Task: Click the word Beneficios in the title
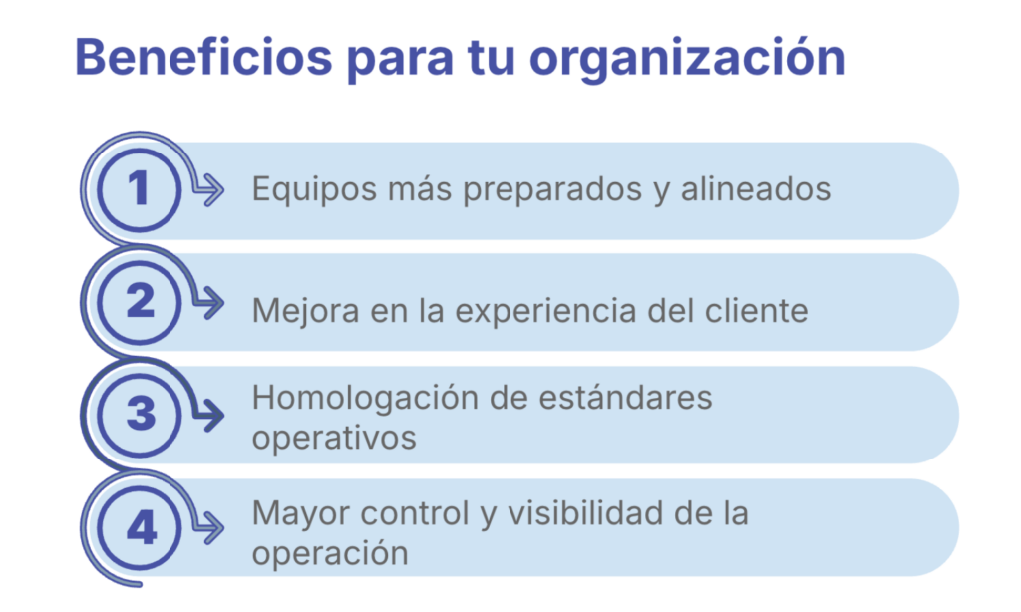tap(203, 57)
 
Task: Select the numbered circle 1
tap(139, 189)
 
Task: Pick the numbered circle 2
tap(139, 302)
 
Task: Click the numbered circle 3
tap(139, 415)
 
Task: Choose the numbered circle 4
tap(139, 528)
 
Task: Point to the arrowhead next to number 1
tap(211, 190)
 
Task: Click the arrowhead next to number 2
tap(211, 303)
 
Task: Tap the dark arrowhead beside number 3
tap(211, 416)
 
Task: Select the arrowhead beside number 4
tap(211, 527)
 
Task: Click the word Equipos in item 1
tap(314, 190)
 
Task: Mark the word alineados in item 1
tap(756, 188)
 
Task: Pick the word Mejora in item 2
tap(305, 311)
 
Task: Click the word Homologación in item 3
tap(365, 399)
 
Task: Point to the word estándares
tap(626, 397)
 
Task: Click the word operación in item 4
tap(330, 554)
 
